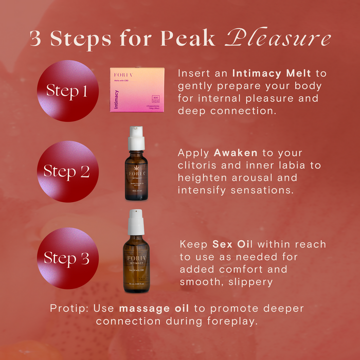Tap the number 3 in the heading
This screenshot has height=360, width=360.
35,39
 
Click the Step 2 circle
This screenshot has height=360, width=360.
67,172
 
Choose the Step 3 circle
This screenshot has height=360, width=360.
67,258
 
